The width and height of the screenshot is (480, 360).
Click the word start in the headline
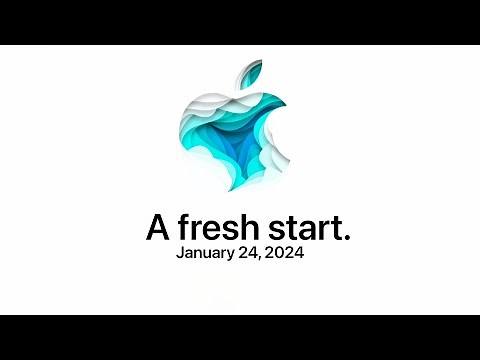[x=306, y=228]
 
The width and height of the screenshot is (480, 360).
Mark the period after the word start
[x=347, y=238]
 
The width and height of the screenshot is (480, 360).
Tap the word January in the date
[x=208, y=254]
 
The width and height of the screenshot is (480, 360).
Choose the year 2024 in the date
[x=286, y=253]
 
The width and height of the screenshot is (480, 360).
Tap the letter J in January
[x=180, y=253]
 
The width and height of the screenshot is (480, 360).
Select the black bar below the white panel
[x=240, y=337]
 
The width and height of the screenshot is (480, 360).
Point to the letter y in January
[x=236, y=256]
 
